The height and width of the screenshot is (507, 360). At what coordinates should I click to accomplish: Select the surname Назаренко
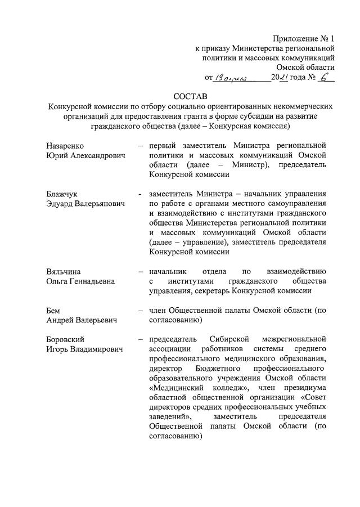click(66, 146)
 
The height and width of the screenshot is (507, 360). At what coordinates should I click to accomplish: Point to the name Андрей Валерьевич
click(82, 320)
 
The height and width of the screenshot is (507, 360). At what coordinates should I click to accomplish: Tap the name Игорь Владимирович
click(84, 349)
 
